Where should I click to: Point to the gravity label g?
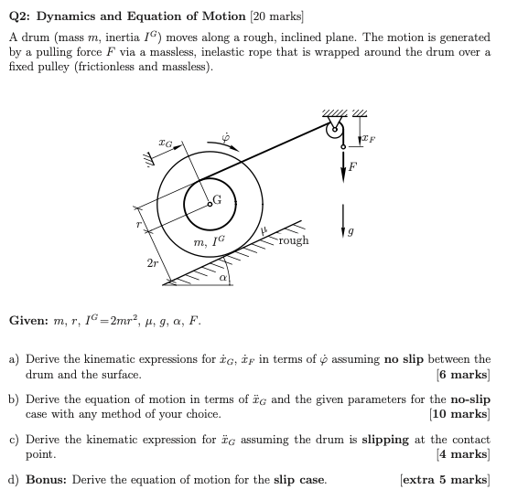pos(364,235)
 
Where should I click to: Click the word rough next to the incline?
pos(294,240)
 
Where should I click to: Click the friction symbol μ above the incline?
pos(261,232)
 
